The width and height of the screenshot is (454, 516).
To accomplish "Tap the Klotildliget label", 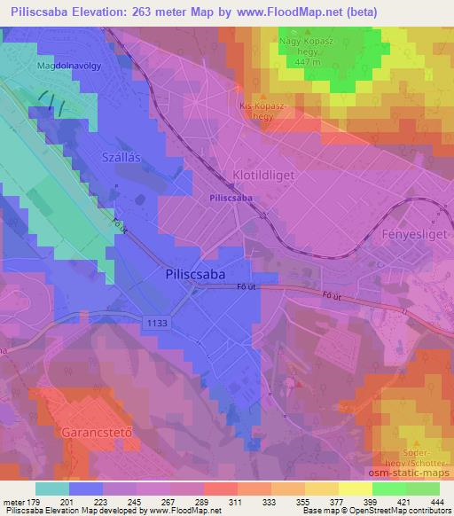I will tap(263, 175).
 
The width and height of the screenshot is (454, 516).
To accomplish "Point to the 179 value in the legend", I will tap(34, 503).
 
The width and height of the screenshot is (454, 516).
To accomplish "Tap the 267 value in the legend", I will tap(155, 503).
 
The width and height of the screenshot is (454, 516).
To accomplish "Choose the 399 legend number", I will tap(357, 503).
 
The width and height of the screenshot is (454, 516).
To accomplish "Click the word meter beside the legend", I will tap(12, 503).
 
